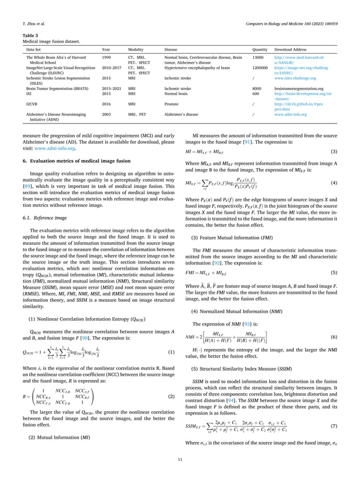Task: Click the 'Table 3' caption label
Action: tap(29, 36)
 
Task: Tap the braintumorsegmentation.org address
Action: tap(298, 89)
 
